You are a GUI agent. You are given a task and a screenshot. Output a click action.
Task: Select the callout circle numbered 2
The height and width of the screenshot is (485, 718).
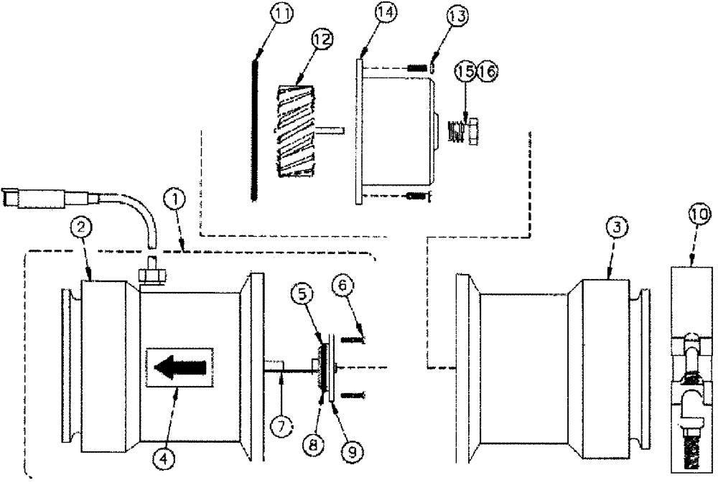(82, 229)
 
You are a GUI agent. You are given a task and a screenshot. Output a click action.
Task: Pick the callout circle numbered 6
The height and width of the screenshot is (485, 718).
(341, 286)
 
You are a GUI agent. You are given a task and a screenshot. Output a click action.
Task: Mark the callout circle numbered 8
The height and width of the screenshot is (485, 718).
(312, 444)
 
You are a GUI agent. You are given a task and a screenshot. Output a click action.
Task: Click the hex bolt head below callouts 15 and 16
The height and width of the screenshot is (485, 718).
(472, 133)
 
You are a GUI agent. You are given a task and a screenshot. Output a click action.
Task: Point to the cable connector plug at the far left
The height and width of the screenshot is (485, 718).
(22, 197)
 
